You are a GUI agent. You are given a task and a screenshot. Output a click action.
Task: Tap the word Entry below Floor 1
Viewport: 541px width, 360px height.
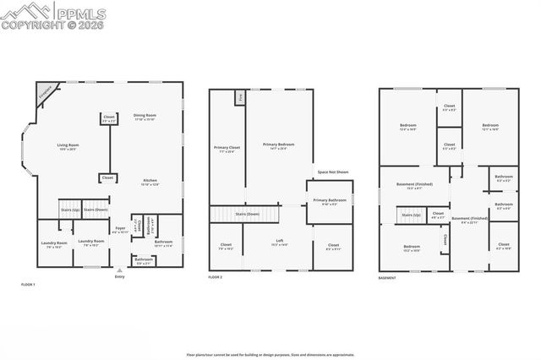point(119,276)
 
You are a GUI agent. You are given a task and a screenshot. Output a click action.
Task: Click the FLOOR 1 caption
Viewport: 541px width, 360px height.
point(29,285)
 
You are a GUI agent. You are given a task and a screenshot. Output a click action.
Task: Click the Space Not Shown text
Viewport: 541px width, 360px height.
point(333,172)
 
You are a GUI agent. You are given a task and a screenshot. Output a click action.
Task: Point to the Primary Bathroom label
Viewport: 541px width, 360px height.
point(329,202)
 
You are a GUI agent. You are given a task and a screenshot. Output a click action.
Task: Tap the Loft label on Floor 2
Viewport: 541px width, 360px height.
point(278,242)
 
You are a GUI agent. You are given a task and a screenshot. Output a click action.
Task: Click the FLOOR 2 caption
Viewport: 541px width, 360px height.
point(216,277)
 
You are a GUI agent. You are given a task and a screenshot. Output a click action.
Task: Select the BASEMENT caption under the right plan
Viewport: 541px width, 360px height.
point(386,277)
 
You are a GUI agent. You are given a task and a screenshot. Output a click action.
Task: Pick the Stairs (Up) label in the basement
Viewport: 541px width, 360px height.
point(412,215)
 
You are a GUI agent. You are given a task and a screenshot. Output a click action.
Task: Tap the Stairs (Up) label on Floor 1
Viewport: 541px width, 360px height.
point(69,209)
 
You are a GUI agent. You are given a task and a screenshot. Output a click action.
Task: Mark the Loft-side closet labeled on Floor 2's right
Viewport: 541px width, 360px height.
point(333,246)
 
